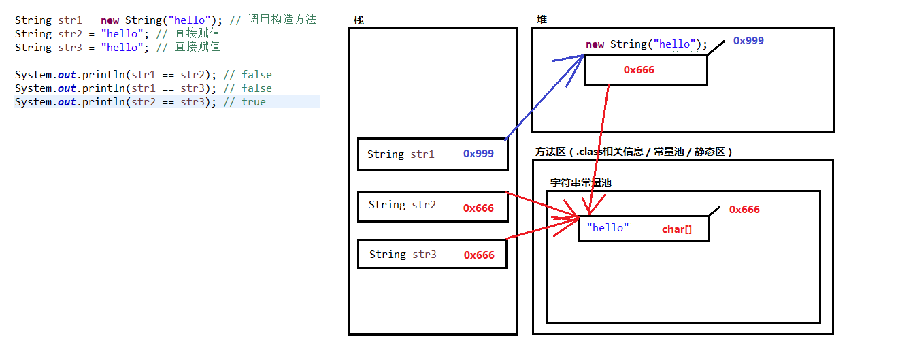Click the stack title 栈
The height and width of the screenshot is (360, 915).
[x=359, y=20]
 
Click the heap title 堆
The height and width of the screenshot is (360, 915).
[x=542, y=19]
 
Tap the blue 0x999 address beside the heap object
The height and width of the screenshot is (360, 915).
[x=748, y=40]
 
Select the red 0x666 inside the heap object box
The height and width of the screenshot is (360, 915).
[x=639, y=70]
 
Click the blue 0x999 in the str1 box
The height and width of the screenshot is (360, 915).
[x=478, y=154]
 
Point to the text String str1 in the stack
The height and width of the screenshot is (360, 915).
[x=400, y=154]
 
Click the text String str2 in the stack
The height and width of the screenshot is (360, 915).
[x=402, y=205]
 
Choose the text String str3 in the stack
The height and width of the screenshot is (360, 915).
[x=403, y=255]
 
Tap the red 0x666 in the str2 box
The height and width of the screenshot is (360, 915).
[x=478, y=208]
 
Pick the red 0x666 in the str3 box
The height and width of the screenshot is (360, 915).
[x=479, y=255]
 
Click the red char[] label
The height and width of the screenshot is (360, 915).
[x=677, y=229]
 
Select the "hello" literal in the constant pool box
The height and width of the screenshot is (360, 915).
[x=608, y=227]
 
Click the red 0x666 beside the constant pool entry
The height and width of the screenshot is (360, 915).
[x=744, y=210]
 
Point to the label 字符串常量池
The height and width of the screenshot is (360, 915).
[x=580, y=182]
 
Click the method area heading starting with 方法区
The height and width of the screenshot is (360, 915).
[x=633, y=152]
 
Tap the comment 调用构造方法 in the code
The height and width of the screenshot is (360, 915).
[x=282, y=20]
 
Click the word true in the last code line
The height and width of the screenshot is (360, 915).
[x=254, y=102]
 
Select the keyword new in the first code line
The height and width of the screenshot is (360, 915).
[x=110, y=20]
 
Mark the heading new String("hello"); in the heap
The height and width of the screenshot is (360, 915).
[x=646, y=44]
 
